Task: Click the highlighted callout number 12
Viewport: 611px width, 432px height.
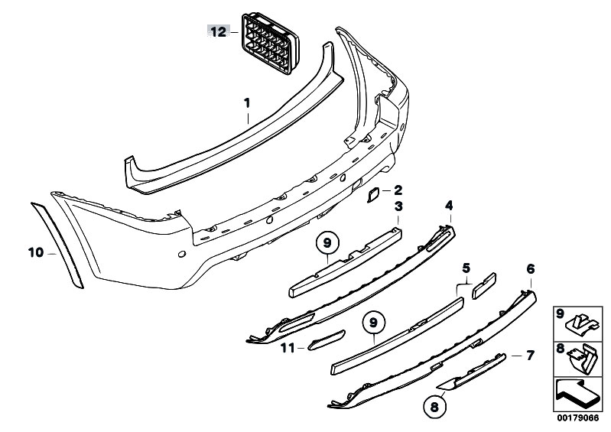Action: point(218,31)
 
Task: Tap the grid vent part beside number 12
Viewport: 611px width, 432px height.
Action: point(270,44)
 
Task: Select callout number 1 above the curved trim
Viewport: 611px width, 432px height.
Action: point(247,93)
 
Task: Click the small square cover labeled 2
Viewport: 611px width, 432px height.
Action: point(373,195)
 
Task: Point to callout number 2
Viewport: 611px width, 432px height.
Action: point(398,190)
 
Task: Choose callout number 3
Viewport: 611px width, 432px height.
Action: point(398,206)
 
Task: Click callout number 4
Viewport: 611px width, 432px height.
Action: point(450,205)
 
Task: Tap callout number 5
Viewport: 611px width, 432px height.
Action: point(466,268)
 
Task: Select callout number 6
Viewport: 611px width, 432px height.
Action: point(531,269)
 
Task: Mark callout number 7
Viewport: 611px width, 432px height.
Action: point(530,356)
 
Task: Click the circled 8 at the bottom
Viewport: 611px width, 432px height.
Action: point(434,408)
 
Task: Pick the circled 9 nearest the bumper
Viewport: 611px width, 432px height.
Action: point(327,243)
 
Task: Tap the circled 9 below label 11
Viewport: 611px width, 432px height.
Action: point(374,323)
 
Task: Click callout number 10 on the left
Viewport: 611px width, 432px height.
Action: point(36,253)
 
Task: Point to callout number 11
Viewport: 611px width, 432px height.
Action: point(288,347)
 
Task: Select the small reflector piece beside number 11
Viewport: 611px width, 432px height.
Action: point(327,340)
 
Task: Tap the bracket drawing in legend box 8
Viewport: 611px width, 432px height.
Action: point(582,359)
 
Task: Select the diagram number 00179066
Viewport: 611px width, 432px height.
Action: point(577,418)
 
